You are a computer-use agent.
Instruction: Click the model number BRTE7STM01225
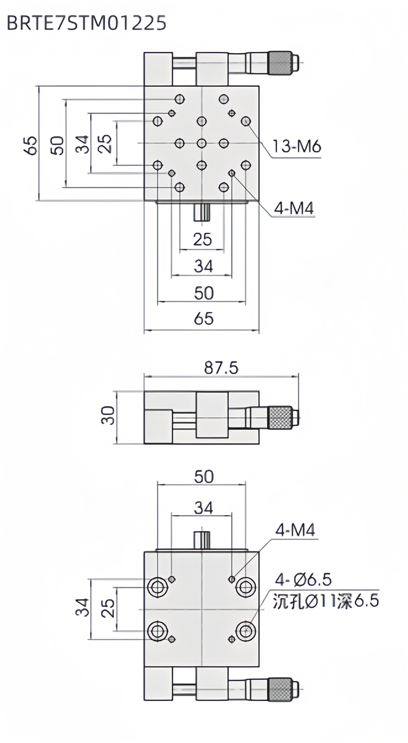click(x=87, y=23)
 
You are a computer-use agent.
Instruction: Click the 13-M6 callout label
click(x=297, y=146)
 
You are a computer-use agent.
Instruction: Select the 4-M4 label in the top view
click(x=294, y=209)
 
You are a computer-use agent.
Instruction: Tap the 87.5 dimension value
click(x=221, y=368)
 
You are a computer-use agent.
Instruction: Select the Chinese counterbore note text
click(x=325, y=601)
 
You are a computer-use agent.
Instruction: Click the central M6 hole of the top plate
click(x=202, y=143)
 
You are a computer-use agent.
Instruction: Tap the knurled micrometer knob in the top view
click(x=280, y=63)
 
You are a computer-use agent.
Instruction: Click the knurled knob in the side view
click(x=280, y=418)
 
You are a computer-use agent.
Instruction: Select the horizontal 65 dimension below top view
click(x=204, y=319)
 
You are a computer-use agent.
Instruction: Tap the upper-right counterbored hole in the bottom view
click(x=246, y=587)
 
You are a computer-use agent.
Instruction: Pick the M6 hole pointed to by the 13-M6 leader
click(x=246, y=121)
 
